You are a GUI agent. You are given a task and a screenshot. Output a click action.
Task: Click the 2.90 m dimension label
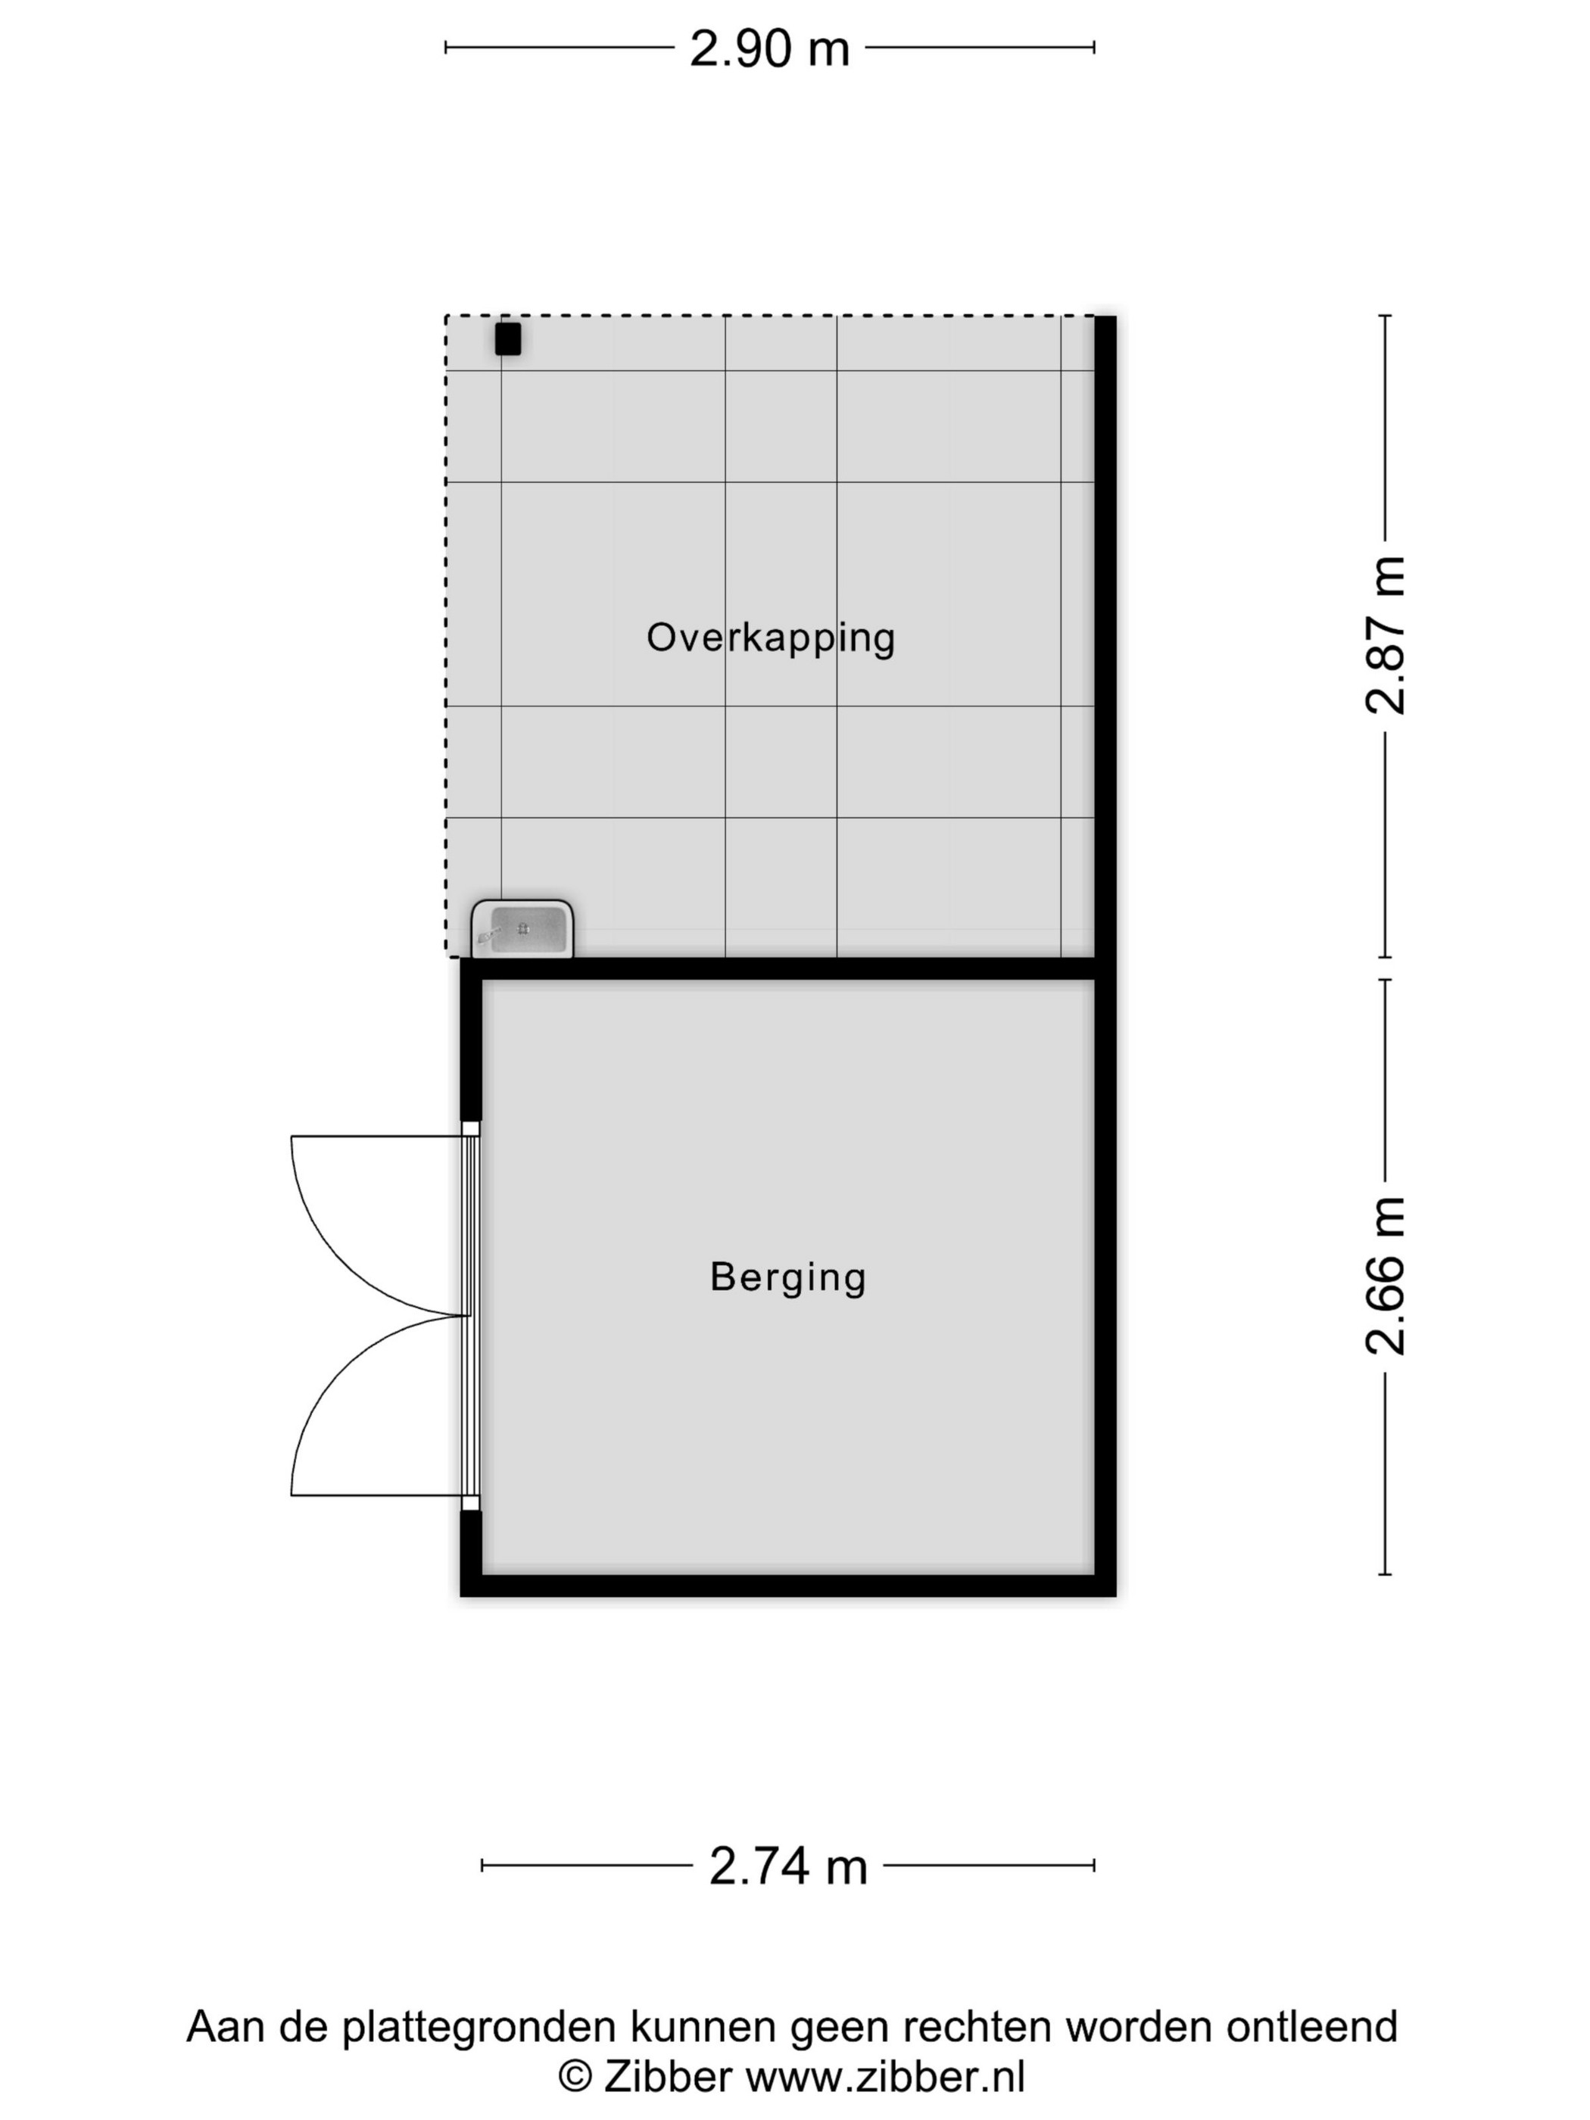[x=769, y=48]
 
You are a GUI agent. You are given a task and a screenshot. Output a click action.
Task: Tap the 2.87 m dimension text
[x=1385, y=635]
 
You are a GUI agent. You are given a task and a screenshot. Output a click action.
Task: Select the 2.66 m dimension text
[x=1385, y=1276]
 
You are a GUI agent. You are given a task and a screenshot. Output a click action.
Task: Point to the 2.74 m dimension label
[x=788, y=1866]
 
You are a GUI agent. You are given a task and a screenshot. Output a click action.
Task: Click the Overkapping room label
[x=771, y=638]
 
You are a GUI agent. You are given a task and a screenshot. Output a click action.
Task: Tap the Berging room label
[x=788, y=1277]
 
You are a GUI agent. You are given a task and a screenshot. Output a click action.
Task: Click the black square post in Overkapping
[x=508, y=339]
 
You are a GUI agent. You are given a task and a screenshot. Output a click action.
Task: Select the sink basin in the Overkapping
[x=522, y=929]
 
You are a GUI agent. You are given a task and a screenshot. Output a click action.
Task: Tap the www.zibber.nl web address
[x=886, y=2077]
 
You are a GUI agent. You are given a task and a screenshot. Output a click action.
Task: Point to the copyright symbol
[x=575, y=2078]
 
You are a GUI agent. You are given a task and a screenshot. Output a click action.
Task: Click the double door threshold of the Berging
[x=469, y=1315]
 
